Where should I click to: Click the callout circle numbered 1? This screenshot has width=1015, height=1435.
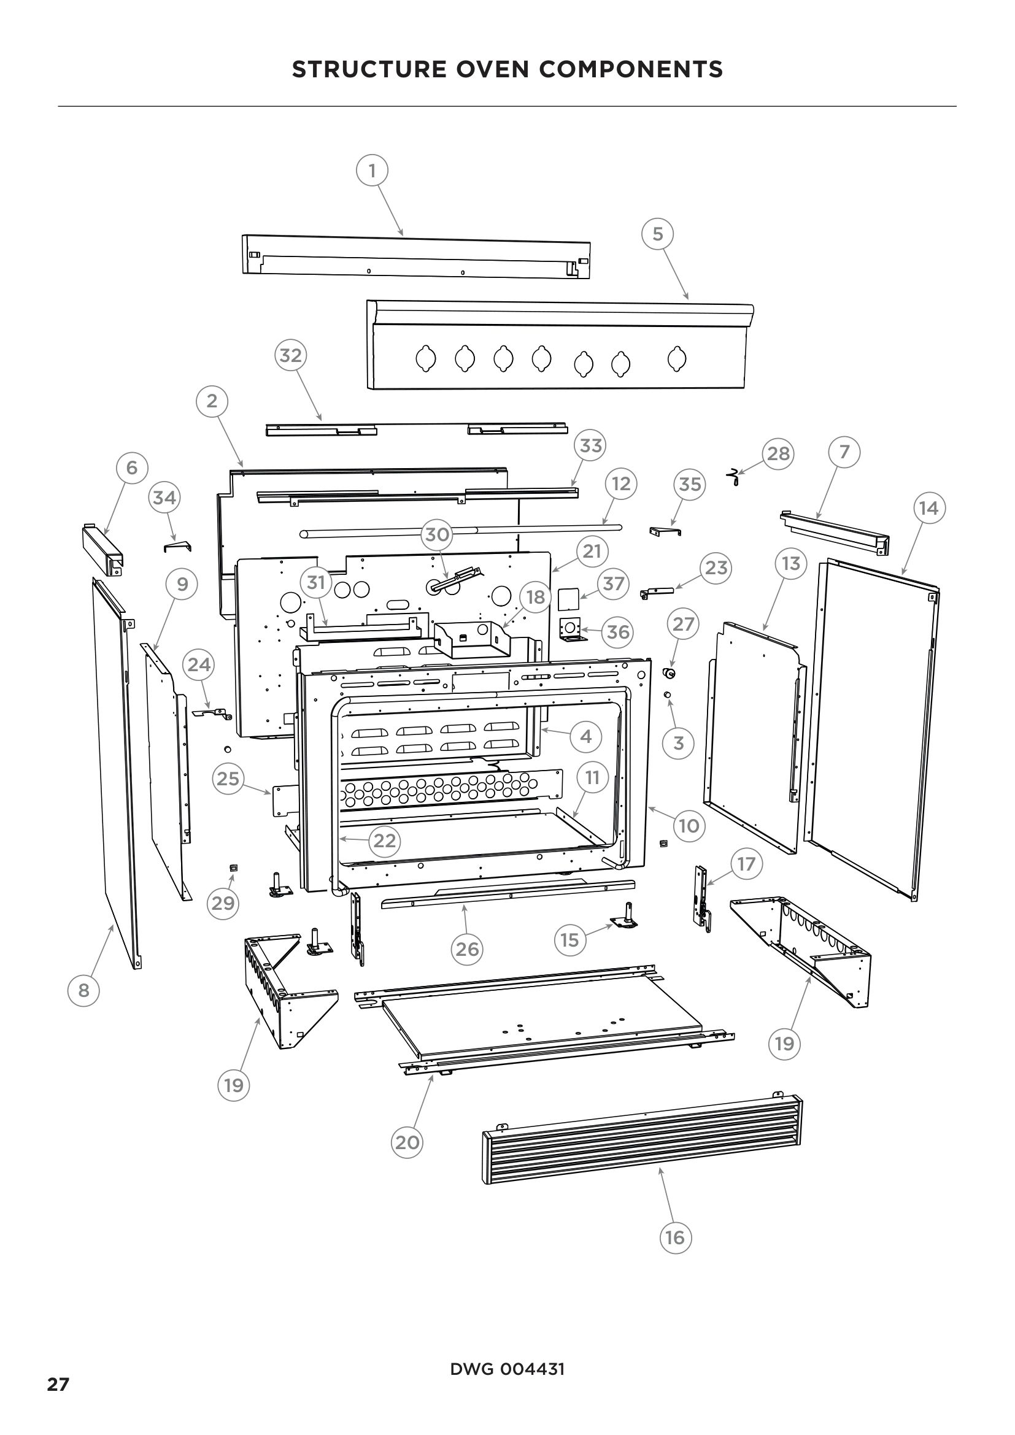point(372,170)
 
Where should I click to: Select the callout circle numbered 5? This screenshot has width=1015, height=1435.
point(657,234)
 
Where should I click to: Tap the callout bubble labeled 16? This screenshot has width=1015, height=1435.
point(676,1237)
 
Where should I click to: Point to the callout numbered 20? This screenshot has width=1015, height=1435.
point(407,1142)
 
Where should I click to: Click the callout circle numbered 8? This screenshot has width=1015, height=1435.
point(83,990)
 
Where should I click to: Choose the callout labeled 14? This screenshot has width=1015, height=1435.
point(928,508)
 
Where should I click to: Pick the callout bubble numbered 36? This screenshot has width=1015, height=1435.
point(617,632)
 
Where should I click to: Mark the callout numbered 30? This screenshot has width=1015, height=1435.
point(437,534)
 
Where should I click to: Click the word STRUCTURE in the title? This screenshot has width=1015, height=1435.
point(368,69)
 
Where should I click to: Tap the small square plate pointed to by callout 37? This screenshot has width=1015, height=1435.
point(569,598)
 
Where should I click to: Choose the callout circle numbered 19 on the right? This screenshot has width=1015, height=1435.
point(784,1043)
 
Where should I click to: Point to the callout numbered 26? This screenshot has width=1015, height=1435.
point(467,948)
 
